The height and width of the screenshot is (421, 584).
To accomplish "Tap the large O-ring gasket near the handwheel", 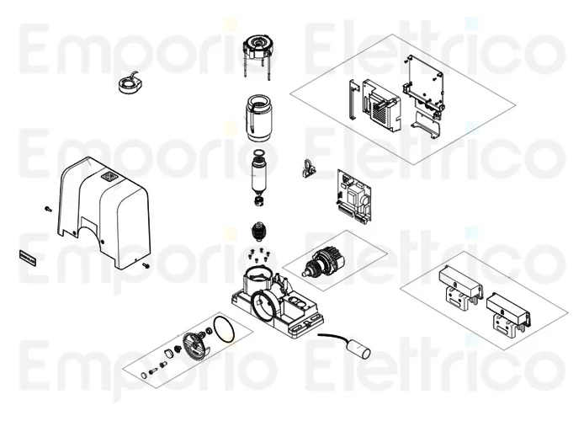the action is pos(224,329).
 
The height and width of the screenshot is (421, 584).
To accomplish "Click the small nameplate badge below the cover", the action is pos(27,258).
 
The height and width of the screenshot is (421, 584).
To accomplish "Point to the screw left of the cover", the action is pos(48,209).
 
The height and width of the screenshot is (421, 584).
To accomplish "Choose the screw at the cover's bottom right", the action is pos(146,265).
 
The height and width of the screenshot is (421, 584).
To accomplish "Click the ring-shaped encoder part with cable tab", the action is pos(129,85).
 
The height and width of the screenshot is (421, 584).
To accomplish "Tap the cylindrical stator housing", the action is pos(258,118).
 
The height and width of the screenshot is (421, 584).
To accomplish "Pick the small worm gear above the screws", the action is pos(259,231).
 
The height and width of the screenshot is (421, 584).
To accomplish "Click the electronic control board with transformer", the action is pos(354,196).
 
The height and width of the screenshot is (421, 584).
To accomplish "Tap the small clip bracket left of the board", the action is pos(308,168).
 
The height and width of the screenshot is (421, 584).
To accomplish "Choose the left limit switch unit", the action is pos(460,287).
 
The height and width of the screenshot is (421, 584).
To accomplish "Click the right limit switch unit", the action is pos(508,314).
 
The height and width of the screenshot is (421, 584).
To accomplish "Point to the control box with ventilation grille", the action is pos(381,105).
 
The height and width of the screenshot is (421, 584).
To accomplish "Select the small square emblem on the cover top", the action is pos(109,173).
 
